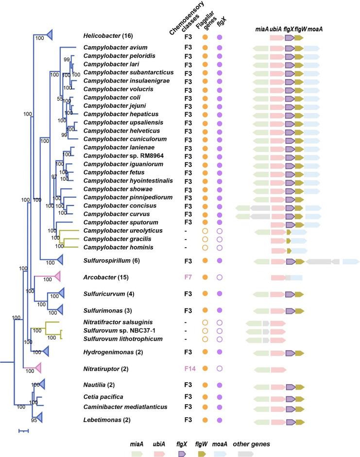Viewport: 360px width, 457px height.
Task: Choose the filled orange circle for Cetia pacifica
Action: point(205,397)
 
